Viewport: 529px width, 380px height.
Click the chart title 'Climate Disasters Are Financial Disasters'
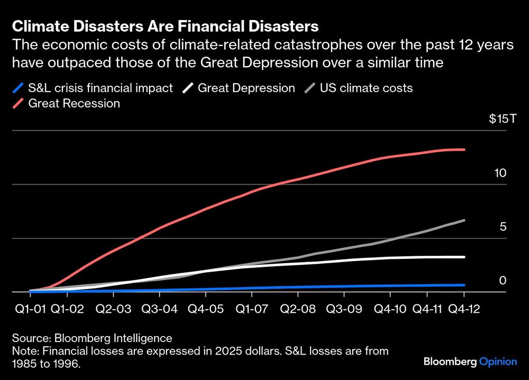(166, 26)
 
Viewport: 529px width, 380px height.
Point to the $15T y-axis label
(501, 119)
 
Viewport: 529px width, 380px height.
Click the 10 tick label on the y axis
(501, 173)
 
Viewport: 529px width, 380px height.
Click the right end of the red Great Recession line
(464, 150)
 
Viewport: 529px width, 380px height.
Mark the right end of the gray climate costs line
(464, 220)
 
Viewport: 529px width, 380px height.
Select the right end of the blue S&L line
(464, 285)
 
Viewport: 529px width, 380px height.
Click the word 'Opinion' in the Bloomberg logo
(498, 362)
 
